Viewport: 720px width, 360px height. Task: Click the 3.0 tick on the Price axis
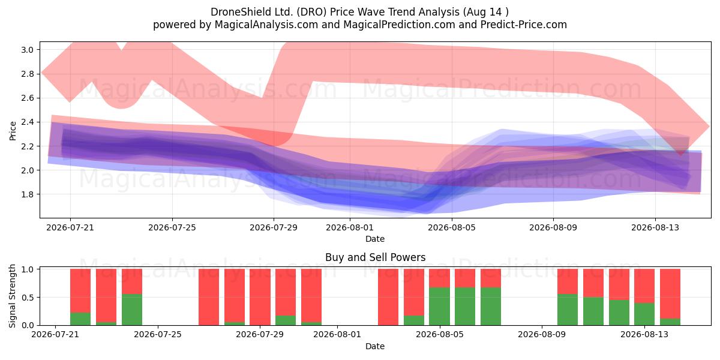pos(27,50)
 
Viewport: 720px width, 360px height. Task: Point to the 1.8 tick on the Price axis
pos(27,194)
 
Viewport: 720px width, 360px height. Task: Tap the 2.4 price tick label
pos(27,122)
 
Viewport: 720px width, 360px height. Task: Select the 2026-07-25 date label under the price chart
pos(172,227)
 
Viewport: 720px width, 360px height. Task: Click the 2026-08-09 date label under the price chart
pos(553,227)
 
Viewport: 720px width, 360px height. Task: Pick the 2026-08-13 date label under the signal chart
pos(644,335)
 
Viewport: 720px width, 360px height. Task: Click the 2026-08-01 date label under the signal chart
pos(337,335)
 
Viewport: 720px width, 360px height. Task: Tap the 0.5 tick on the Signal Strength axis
pos(27,298)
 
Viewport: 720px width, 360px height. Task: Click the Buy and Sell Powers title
pos(375,257)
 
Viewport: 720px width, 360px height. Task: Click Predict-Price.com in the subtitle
pos(523,25)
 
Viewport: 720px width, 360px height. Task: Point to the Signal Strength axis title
pos(12,296)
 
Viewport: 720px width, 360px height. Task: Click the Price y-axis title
pos(13,131)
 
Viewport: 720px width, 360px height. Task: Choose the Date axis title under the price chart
pos(375,239)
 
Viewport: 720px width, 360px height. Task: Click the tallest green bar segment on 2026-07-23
pos(132,310)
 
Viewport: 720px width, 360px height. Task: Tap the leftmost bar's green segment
pos(80,319)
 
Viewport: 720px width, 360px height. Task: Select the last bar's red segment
pos(670,294)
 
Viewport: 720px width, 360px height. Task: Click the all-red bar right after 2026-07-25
pos(209,297)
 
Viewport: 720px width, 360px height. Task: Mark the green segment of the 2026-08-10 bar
pos(568,310)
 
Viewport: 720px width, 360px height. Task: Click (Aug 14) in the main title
pos(485,12)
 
